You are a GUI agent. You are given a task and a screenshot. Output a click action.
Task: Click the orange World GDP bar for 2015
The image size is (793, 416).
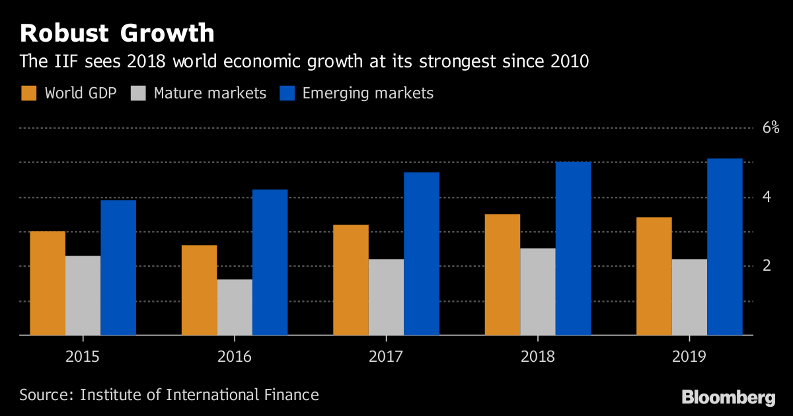(48, 283)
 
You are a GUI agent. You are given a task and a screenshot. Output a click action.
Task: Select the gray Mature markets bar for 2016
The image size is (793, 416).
(235, 307)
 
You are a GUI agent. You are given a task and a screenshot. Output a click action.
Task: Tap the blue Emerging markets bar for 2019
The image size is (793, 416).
(725, 247)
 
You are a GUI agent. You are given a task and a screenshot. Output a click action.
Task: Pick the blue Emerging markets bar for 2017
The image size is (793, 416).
(422, 254)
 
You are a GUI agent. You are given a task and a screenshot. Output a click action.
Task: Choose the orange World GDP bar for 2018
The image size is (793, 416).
(502, 275)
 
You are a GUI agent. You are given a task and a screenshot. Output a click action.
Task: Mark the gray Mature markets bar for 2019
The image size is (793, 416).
(689, 297)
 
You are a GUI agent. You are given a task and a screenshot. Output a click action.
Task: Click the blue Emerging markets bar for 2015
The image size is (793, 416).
(118, 268)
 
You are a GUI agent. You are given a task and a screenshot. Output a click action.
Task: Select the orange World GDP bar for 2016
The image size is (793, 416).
(199, 291)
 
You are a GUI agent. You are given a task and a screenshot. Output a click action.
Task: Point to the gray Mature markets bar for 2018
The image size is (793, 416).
(538, 292)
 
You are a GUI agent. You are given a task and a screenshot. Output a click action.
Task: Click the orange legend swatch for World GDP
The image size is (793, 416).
(28, 93)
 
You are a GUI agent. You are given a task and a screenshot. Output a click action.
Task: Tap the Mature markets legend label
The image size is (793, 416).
(209, 93)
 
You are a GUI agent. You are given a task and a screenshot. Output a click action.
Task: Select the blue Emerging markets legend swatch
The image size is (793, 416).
(287, 93)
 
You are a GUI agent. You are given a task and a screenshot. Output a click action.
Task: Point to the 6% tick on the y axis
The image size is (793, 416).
(771, 128)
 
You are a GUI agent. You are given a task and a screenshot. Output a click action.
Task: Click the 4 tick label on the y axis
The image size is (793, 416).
(767, 197)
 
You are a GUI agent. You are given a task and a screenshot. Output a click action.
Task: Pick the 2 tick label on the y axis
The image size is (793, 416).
(767, 265)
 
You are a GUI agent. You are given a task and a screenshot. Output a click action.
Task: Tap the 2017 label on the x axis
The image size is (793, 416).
(386, 357)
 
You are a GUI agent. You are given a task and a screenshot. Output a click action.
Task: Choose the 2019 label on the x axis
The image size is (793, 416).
(689, 357)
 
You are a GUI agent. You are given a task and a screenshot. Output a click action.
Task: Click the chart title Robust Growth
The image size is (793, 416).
(117, 33)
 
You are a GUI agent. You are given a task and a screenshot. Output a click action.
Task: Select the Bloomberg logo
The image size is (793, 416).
(728, 397)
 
